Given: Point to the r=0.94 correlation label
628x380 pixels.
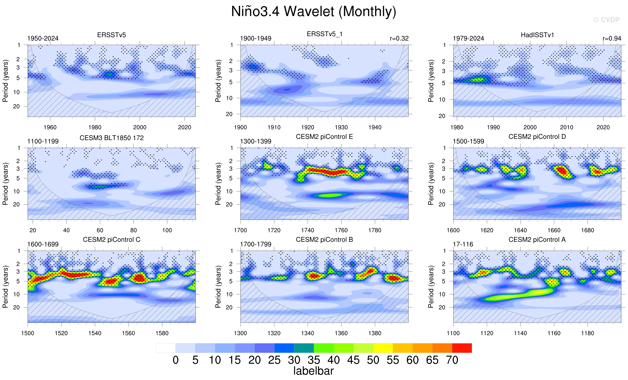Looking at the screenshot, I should click(612, 38).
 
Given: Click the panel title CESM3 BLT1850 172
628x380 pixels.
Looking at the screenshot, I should click(112, 138).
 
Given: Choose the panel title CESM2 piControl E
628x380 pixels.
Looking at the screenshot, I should click(324, 137).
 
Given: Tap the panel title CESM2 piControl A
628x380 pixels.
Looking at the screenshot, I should click(537, 240).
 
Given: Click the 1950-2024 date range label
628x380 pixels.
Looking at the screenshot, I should click(43, 38).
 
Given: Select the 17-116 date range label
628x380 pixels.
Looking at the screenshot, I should click(463, 244).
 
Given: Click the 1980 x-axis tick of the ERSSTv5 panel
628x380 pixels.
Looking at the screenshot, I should click(95, 127).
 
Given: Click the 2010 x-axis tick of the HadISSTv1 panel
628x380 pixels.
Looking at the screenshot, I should click(566, 127).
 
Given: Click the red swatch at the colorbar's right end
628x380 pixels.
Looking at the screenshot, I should click(462, 348).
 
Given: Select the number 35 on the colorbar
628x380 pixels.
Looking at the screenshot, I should click(314, 360).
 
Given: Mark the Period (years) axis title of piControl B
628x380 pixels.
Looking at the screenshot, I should click(218, 287).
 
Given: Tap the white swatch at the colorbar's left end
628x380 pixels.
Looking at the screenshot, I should click(166, 348).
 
